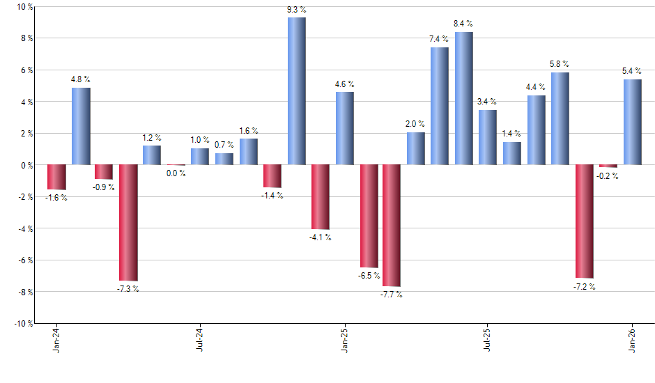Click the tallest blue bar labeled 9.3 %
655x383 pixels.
(x=296, y=91)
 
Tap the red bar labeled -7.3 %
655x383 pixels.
(x=128, y=222)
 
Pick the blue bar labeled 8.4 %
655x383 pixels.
(x=463, y=98)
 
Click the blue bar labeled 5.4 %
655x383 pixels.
(x=632, y=122)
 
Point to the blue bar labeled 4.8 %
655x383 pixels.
(x=81, y=126)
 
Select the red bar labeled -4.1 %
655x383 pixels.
(x=320, y=197)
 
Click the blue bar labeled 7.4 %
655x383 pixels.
(x=439, y=106)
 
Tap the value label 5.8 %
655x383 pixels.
(x=560, y=64)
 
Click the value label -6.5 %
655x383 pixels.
(x=369, y=276)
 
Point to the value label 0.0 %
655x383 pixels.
(x=176, y=173)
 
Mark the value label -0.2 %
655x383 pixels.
(x=608, y=176)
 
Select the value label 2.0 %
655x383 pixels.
(x=416, y=124)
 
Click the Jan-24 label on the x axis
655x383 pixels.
(x=56, y=341)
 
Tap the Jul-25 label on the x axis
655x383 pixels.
(x=487, y=341)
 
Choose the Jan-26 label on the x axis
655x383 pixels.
(x=632, y=341)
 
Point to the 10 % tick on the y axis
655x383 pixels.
(x=24, y=7)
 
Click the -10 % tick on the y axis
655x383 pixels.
(x=23, y=324)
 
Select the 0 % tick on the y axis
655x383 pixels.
(x=26, y=166)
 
